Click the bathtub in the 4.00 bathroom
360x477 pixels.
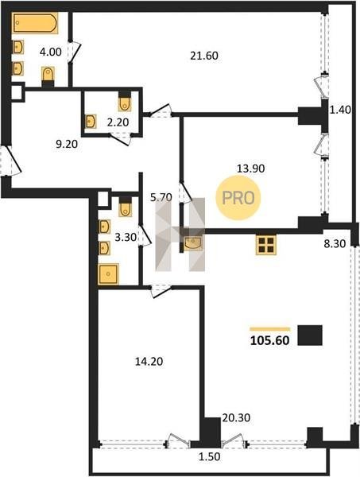click(35, 22)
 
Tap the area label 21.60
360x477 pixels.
click(204, 56)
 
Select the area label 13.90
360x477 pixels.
click(250, 169)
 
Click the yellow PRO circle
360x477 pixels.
click(238, 198)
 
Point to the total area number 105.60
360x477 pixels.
click(269, 340)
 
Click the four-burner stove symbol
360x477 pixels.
click(266, 245)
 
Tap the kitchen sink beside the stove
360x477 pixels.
click(193, 243)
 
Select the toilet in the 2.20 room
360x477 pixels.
click(125, 102)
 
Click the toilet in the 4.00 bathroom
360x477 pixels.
click(48, 76)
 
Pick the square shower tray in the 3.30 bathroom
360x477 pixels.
click(108, 274)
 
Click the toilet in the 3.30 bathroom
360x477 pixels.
click(125, 207)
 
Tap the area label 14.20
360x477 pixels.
click(149, 362)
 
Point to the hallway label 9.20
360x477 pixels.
click(67, 144)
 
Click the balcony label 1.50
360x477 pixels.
click(209, 456)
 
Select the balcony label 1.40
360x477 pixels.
click(341, 109)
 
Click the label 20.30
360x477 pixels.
click(236, 417)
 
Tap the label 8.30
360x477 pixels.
click(335, 244)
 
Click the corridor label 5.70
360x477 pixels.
click(161, 197)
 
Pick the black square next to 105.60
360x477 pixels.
click(310, 335)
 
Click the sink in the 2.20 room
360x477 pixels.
click(91, 122)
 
